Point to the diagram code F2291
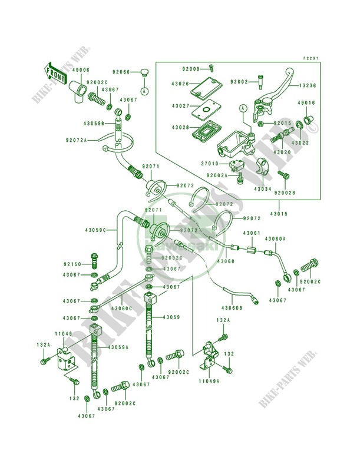pos(311,58)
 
